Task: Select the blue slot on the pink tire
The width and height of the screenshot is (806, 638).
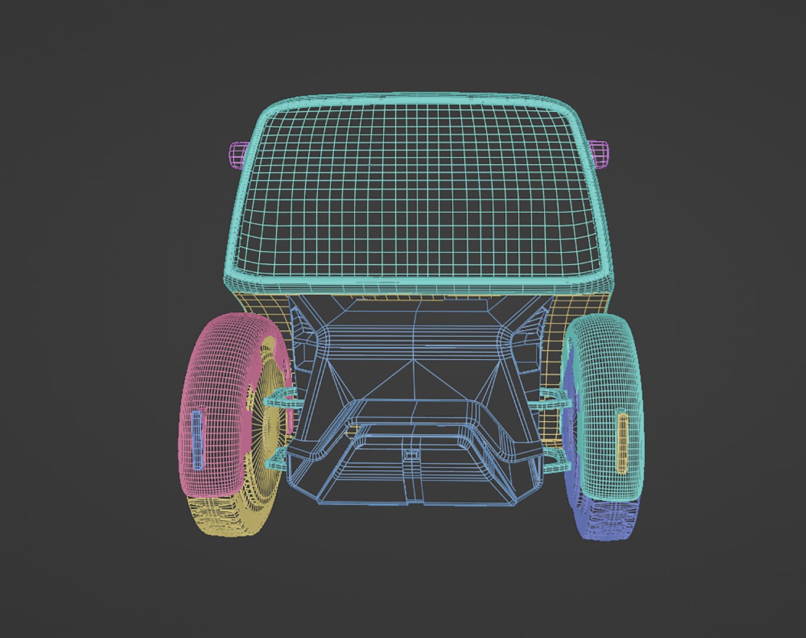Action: coord(197,440)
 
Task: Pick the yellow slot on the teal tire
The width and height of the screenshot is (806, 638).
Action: coord(622,443)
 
